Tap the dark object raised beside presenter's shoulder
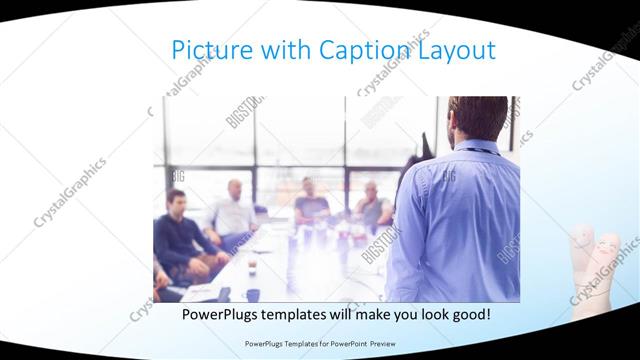tap(424, 140)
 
